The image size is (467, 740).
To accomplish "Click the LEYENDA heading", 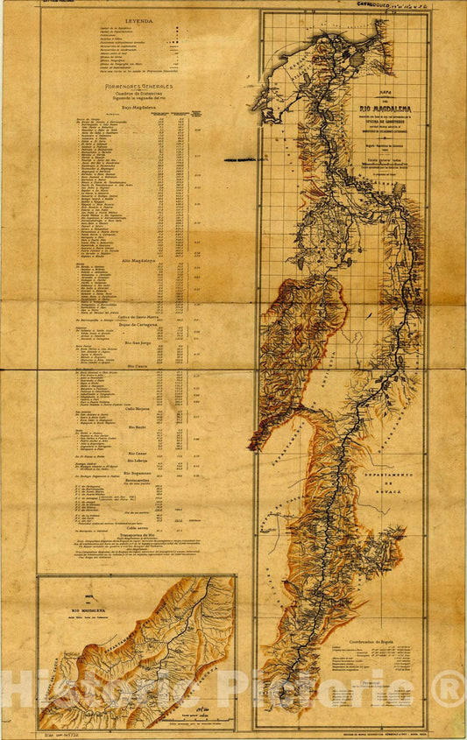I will tap(138, 18).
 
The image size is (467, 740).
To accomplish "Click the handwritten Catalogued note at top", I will tap(386, 5).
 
